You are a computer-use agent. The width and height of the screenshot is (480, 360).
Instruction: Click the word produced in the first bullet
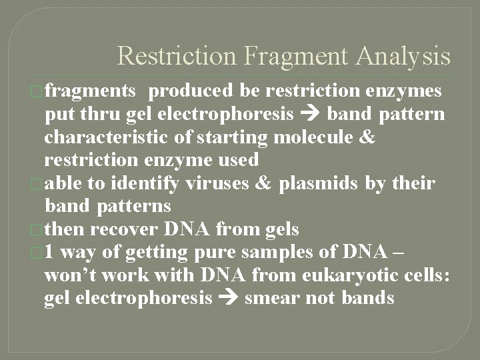(191, 91)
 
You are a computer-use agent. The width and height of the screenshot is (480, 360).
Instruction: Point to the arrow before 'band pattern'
(311, 115)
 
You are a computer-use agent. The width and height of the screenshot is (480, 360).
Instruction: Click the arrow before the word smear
(227, 298)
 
